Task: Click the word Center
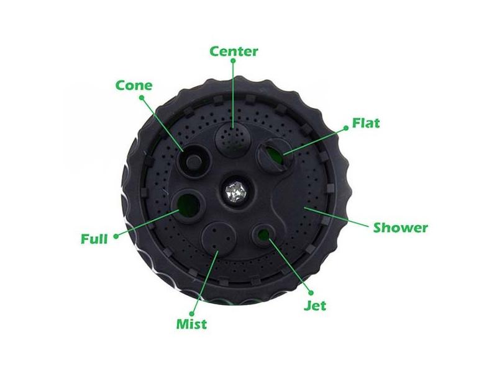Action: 234,51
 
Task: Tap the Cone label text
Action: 134,86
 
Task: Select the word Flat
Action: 366,123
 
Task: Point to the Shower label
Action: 400,228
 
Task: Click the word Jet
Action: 315,305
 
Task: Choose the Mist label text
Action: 191,324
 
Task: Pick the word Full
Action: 94,239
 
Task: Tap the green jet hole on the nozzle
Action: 263,234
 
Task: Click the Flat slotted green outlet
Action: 275,153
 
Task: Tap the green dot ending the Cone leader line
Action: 142,98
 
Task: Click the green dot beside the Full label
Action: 116,236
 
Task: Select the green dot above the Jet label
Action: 311,293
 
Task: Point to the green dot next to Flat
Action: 346,128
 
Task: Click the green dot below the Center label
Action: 234,60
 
